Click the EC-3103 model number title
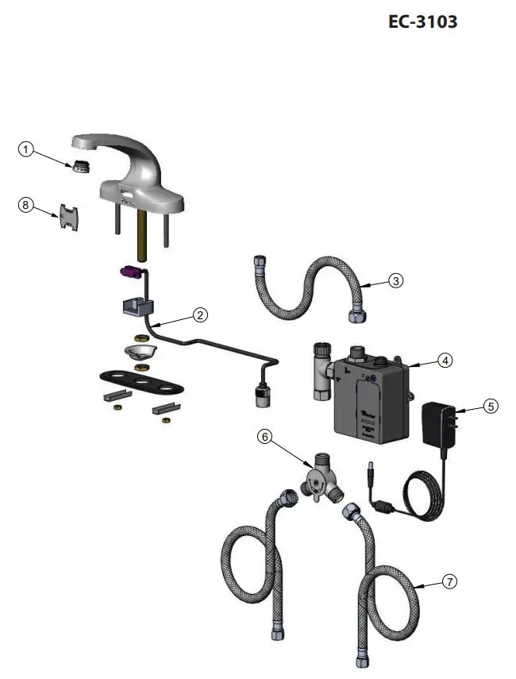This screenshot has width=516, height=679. click(x=422, y=22)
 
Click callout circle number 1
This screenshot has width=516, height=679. click(x=26, y=149)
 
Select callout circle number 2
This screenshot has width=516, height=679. click(x=201, y=314)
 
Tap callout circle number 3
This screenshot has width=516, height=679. click(x=395, y=280)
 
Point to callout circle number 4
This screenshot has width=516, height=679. click(x=445, y=360)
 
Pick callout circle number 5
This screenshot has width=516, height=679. click(x=491, y=406)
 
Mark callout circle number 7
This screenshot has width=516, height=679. click(x=449, y=582)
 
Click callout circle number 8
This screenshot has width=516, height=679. click(x=26, y=205)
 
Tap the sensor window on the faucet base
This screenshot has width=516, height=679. click(x=126, y=194)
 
